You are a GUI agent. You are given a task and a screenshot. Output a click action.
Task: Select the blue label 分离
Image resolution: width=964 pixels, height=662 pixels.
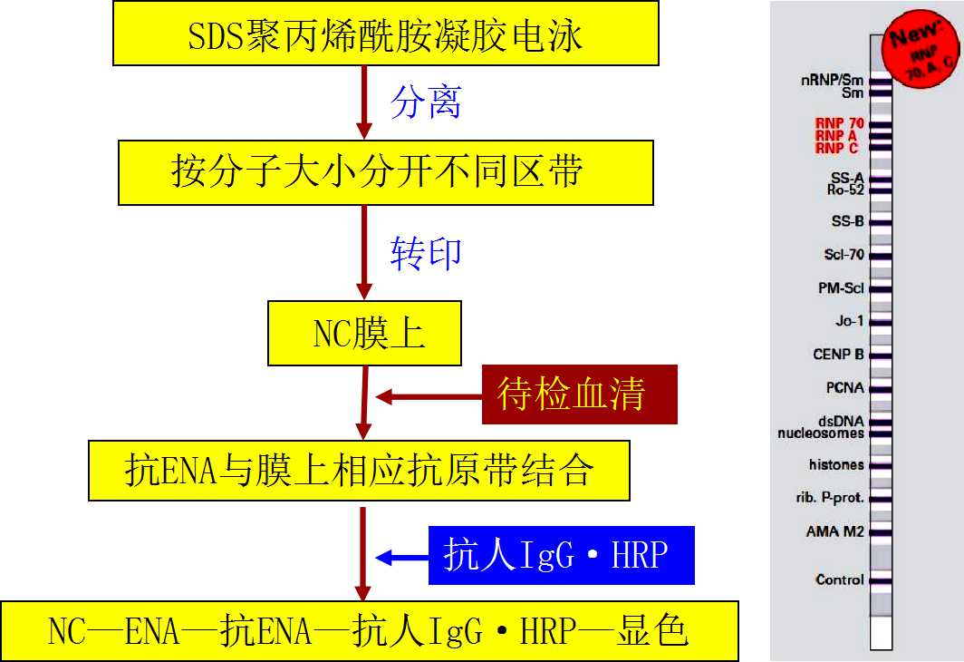tap(425, 103)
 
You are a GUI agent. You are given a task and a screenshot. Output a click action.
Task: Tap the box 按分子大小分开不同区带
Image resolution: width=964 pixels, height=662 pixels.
tap(386, 171)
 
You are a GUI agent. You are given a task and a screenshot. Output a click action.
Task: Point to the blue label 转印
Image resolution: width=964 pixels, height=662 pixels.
tap(425, 253)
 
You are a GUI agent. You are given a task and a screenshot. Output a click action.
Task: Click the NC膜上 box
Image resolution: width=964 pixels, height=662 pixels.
tap(363, 334)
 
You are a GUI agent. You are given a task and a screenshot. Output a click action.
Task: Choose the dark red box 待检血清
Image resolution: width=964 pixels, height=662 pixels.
tap(580, 394)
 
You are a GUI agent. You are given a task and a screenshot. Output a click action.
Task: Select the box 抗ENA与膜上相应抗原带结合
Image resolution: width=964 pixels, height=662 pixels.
tap(359, 471)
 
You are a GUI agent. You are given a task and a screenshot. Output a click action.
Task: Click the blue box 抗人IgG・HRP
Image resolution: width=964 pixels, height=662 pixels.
tap(561, 555)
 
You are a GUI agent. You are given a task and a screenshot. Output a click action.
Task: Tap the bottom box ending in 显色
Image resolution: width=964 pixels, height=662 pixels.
tap(369, 630)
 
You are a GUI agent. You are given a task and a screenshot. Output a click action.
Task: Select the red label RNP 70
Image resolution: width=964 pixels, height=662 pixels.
tap(840, 123)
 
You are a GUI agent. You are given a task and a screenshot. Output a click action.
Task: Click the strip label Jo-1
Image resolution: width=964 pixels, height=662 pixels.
tap(849, 321)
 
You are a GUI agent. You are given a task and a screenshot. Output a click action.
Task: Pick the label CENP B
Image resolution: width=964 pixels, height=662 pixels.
tap(838, 355)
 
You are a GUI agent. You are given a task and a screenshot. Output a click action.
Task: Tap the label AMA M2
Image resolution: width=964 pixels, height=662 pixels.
tap(834, 531)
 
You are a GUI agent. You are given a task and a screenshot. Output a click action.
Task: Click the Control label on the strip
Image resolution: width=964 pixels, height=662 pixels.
tap(839, 579)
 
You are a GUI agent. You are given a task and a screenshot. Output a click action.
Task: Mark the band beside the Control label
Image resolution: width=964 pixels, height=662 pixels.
tap(882, 580)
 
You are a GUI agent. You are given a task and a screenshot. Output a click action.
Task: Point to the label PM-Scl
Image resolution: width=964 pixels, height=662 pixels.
tap(841, 288)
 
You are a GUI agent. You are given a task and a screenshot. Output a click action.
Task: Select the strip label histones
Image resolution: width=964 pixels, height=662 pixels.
tap(836, 465)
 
